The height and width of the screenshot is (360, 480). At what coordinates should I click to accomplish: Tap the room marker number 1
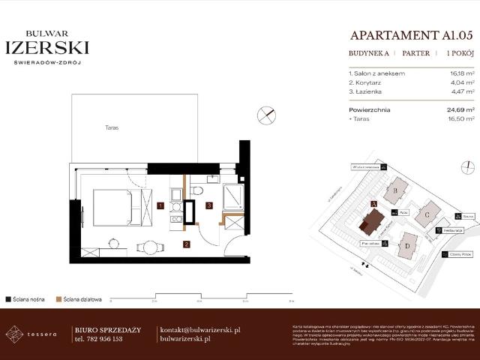click(160, 205)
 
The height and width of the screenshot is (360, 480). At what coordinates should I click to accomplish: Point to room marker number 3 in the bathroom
click(210, 205)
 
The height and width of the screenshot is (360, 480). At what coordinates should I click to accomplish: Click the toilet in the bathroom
click(196, 191)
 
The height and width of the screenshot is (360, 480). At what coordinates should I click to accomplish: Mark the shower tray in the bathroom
click(232, 197)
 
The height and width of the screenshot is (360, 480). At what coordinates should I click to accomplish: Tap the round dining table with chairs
click(150, 247)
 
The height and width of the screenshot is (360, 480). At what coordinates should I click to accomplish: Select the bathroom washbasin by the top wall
click(212, 180)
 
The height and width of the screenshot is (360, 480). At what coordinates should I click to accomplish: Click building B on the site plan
click(396, 192)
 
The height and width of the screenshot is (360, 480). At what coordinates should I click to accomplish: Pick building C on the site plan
click(427, 214)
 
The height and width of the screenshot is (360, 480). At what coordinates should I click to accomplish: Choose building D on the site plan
click(407, 244)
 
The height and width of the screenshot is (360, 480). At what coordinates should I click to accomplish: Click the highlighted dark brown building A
click(371, 221)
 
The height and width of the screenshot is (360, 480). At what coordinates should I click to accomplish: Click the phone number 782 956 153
click(98, 339)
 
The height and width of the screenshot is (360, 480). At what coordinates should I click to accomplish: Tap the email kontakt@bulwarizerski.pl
click(199, 330)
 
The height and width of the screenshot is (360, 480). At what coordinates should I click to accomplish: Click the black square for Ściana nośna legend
click(7, 298)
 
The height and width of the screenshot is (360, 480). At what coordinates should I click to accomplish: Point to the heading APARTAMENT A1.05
click(413, 35)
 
